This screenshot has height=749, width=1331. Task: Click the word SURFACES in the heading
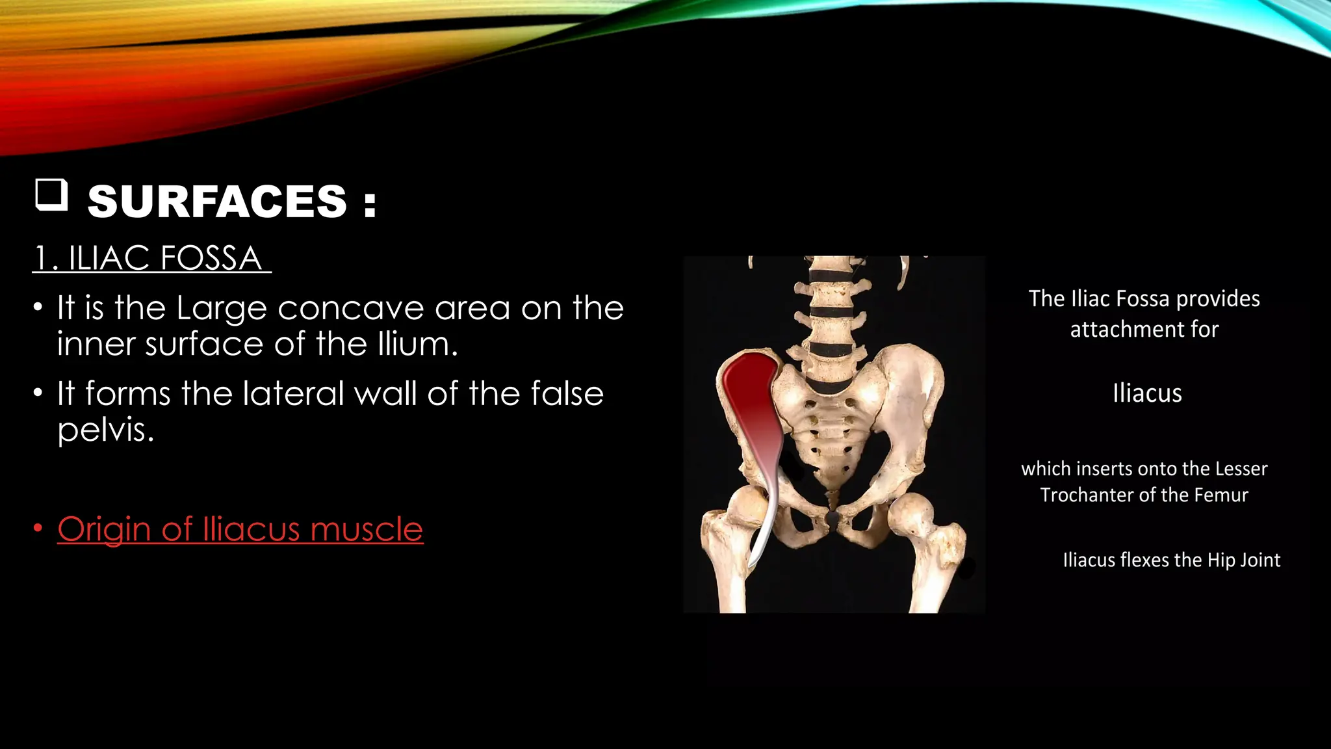(x=217, y=202)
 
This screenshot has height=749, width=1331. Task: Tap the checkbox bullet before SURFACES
(x=51, y=195)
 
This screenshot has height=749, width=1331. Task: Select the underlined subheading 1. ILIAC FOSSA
(x=151, y=258)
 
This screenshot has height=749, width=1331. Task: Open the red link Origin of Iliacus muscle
(x=240, y=529)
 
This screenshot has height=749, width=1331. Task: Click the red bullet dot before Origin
(x=38, y=529)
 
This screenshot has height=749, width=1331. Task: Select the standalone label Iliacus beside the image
(x=1147, y=393)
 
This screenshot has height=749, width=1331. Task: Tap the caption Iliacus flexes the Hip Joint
(x=1171, y=560)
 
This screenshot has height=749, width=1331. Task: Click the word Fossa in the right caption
(x=1142, y=299)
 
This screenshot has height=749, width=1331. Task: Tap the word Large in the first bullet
(x=222, y=308)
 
